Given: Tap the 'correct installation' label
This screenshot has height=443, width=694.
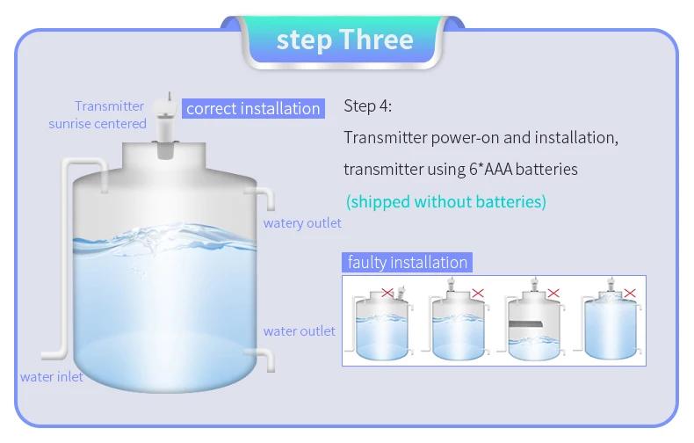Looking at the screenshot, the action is (253, 108).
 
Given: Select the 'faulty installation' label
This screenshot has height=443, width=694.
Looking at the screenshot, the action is (408, 262).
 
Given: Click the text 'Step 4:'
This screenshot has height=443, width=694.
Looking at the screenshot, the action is (368, 105).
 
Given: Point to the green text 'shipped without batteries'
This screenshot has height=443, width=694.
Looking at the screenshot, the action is (446, 201).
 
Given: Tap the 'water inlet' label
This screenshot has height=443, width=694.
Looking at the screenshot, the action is (52, 377).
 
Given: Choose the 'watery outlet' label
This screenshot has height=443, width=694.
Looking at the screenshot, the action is (302, 223).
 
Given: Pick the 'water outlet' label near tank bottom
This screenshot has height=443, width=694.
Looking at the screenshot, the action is (300, 330).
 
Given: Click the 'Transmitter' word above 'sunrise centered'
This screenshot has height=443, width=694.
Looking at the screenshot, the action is (109, 106).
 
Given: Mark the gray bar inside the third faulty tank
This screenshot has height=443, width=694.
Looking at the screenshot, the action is (526, 323).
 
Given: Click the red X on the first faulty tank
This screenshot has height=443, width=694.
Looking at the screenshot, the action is (387, 293).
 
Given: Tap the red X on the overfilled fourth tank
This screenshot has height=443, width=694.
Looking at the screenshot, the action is (630, 293).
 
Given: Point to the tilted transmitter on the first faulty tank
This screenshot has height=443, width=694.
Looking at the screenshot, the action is (401, 293).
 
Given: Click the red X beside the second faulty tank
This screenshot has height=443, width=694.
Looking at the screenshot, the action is (478, 293).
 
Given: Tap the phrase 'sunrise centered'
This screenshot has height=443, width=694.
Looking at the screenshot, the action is (98, 124).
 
